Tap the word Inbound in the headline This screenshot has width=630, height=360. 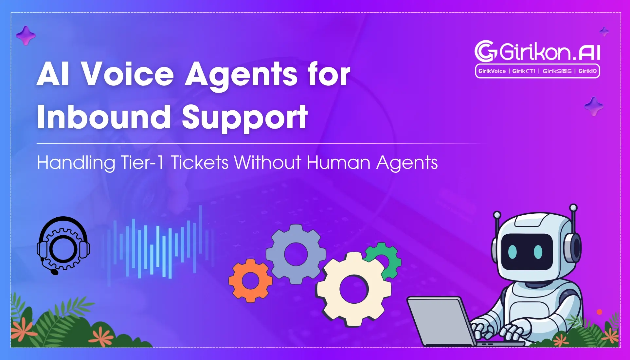pyautogui.click(x=104, y=117)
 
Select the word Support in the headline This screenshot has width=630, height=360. pyautogui.click(x=245, y=118)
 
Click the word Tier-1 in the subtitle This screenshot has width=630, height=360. pyautogui.click(x=142, y=162)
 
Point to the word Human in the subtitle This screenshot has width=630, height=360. pyautogui.click(x=338, y=162)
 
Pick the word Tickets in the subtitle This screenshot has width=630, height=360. pyautogui.click(x=200, y=162)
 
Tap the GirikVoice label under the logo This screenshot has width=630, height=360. pyautogui.click(x=492, y=71)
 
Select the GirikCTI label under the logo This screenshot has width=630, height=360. pyautogui.click(x=524, y=71)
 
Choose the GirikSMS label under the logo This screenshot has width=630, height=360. pyautogui.click(x=557, y=71)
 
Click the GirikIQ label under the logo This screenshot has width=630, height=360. pyautogui.click(x=587, y=71)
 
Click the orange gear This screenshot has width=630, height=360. pyautogui.click(x=250, y=280)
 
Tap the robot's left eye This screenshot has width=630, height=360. pyautogui.click(x=513, y=251)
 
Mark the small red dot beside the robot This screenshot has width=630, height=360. pyautogui.click(x=600, y=312)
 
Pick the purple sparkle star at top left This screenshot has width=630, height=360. pyautogui.click(x=26, y=35)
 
